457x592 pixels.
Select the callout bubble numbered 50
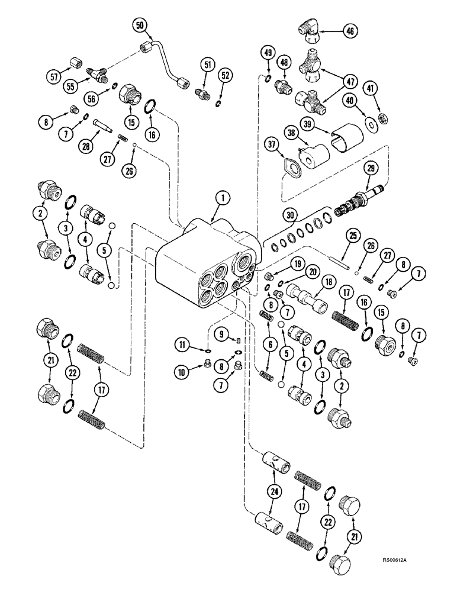point(140,25)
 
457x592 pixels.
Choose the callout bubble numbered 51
point(208,67)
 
